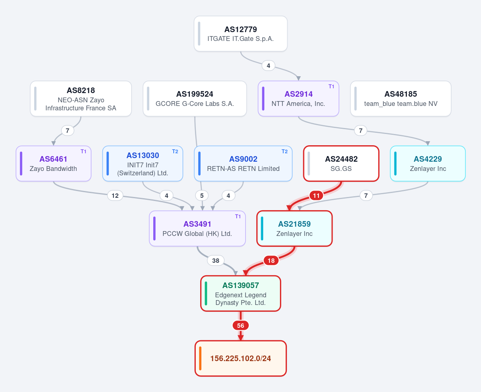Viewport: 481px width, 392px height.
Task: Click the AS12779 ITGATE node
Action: (x=241, y=34)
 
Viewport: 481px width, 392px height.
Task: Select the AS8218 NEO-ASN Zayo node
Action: (x=81, y=99)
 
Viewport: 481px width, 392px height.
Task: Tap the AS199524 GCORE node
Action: (x=195, y=99)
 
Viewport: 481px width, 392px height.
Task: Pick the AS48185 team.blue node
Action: (x=401, y=99)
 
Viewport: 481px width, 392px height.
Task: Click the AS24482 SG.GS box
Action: (x=341, y=163)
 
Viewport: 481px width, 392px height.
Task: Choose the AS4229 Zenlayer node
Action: (x=428, y=163)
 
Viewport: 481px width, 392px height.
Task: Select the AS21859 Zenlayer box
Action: (x=294, y=229)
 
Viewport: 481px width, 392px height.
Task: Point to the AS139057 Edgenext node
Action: (x=241, y=294)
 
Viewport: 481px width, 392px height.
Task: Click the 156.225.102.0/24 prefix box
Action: (x=241, y=358)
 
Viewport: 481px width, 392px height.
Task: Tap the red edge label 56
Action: (x=241, y=325)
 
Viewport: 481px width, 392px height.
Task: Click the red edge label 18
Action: (x=271, y=261)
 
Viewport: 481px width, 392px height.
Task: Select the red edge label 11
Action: (x=316, y=196)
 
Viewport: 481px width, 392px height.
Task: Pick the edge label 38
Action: (x=216, y=261)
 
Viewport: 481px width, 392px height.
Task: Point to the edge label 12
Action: (x=115, y=196)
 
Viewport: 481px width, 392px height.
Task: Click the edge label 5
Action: (x=202, y=196)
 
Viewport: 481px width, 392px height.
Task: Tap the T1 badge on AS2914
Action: (x=331, y=87)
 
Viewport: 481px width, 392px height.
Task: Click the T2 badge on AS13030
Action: (x=175, y=152)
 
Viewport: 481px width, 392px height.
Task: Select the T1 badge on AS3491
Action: (x=238, y=217)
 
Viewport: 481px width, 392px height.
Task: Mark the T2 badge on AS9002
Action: (x=285, y=152)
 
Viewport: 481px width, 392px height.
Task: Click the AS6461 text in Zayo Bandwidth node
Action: (x=53, y=159)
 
